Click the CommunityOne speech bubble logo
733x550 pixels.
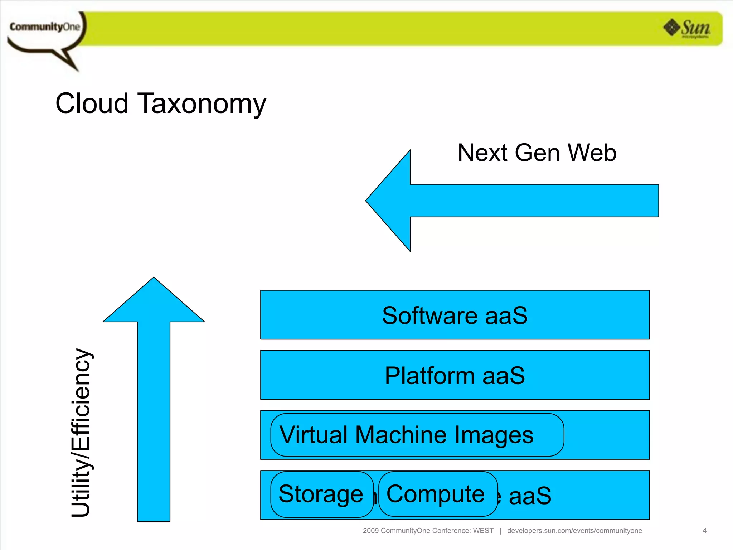[x=45, y=30]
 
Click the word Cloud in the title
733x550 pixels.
[x=92, y=103]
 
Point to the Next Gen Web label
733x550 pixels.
[x=537, y=153]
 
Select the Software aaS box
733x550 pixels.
[x=455, y=315]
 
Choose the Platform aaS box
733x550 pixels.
[x=455, y=375]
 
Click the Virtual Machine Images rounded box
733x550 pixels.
[x=417, y=435]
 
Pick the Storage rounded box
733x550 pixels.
[x=321, y=494]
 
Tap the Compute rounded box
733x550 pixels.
[x=437, y=494]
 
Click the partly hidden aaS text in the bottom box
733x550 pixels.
[x=530, y=496]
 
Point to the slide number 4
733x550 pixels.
[x=704, y=531]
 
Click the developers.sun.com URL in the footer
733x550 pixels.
[x=574, y=531]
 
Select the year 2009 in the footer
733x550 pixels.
[x=370, y=531]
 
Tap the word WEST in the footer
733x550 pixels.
[x=483, y=531]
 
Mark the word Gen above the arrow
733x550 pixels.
[x=537, y=153]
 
